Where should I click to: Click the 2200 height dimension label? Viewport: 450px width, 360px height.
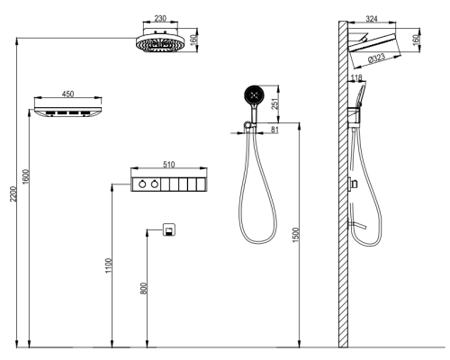13,194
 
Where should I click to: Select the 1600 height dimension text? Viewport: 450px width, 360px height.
26,177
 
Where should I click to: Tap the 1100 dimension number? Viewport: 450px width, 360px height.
108,265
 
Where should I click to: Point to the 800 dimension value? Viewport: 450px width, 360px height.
144,288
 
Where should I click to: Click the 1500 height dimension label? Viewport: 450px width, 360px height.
296,236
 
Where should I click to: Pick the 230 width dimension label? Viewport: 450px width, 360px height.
160,18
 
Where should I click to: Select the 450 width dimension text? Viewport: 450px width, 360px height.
67,94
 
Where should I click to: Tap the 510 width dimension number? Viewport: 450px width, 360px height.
168,165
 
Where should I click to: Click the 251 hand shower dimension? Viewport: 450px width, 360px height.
275,103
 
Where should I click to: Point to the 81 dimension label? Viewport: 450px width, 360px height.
274,130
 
